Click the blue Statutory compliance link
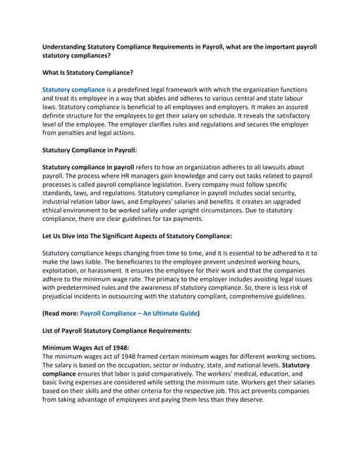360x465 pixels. (x=74, y=89)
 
